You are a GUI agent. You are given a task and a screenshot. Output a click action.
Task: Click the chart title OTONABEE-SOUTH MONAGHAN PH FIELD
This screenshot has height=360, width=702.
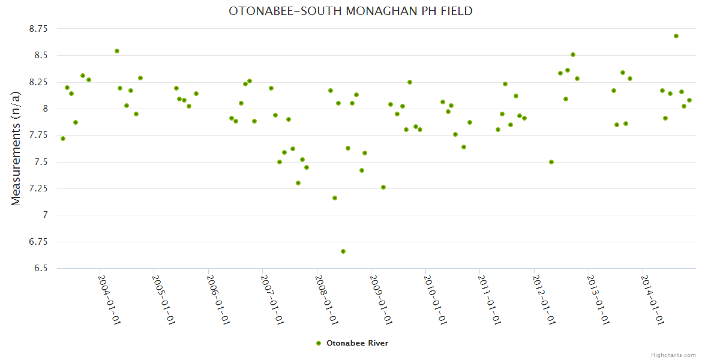(x=350, y=11)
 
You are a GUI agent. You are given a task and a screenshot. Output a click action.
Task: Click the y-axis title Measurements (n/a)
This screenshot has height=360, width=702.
(x=16, y=149)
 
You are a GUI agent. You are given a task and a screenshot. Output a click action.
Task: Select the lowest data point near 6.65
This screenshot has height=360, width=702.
(x=343, y=251)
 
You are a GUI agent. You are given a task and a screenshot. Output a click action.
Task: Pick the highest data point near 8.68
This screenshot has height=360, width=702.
(x=676, y=36)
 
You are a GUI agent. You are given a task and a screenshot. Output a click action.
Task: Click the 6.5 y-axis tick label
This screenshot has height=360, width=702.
(x=40, y=268)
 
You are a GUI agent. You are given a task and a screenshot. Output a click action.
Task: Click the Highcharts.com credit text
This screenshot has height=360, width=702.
(x=673, y=355)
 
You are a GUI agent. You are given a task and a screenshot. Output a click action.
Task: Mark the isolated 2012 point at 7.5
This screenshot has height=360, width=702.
(x=551, y=162)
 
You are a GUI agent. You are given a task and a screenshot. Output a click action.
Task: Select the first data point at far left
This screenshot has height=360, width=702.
(x=63, y=139)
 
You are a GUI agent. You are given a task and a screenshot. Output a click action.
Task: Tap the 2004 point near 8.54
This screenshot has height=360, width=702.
(x=117, y=51)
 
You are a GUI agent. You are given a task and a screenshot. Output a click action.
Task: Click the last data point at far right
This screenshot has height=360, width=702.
(x=689, y=100)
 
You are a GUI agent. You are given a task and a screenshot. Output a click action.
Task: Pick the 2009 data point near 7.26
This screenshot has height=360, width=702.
(x=383, y=187)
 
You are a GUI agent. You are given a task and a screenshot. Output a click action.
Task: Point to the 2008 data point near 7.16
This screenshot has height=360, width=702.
(x=335, y=198)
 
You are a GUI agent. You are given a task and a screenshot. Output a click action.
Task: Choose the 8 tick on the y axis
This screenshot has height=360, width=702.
(x=44, y=109)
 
